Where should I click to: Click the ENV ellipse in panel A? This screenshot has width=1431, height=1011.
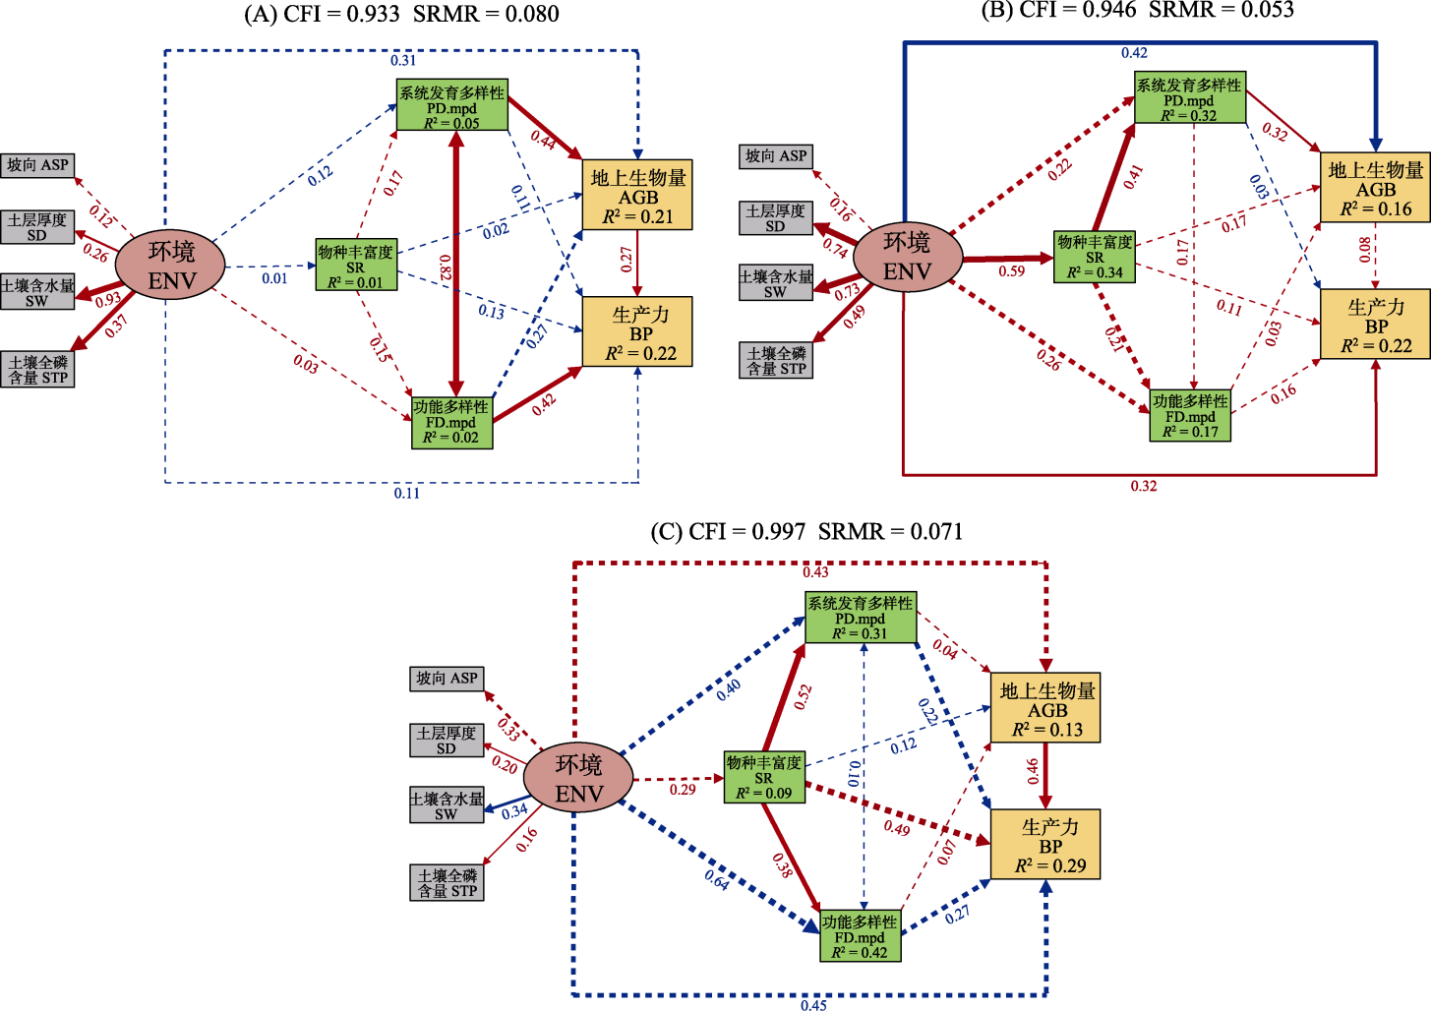(170, 266)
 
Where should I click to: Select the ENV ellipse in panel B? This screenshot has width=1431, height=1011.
(907, 257)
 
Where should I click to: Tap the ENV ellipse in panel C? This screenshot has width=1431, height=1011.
(578, 779)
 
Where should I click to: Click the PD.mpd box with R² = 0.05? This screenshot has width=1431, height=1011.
(451, 105)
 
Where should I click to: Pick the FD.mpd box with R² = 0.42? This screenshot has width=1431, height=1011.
(861, 936)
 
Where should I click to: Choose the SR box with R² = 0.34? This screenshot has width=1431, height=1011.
(1094, 257)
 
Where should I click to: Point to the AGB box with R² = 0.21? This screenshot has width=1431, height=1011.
(637, 195)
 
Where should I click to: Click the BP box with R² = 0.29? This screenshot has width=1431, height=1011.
(1044, 845)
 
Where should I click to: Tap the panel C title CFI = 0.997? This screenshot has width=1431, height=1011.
(806, 532)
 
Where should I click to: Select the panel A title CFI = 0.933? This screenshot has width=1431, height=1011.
(401, 14)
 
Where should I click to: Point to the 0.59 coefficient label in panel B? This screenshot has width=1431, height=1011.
(1012, 271)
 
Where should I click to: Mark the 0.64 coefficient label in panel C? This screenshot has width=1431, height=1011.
(717, 880)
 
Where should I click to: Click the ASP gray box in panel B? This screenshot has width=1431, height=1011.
(776, 156)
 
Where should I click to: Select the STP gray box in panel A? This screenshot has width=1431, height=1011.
(37, 370)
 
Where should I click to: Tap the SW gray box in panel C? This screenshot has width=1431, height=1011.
(447, 805)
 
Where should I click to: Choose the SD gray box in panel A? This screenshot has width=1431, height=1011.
(37, 227)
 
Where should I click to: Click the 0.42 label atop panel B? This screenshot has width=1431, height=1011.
(1134, 53)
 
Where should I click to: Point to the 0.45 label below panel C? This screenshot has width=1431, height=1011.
(813, 1004)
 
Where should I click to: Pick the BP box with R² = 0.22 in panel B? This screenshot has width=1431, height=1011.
(1375, 325)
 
